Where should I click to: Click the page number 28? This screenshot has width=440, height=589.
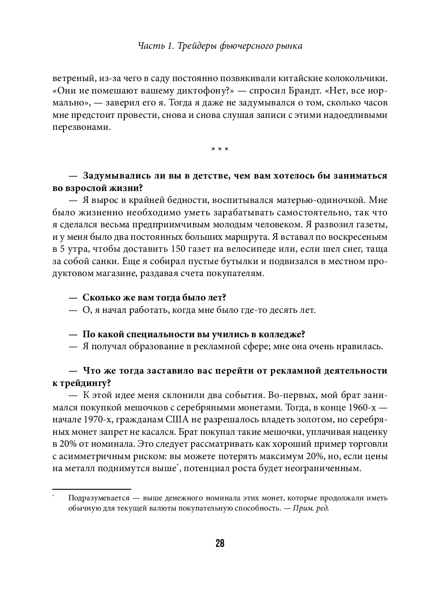pyautogui.click(x=220, y=543)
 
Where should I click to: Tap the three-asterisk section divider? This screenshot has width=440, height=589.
pyautogui.click(x=220, y=149)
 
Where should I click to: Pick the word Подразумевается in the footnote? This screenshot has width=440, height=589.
pyautogui.click(x=99, y=498)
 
